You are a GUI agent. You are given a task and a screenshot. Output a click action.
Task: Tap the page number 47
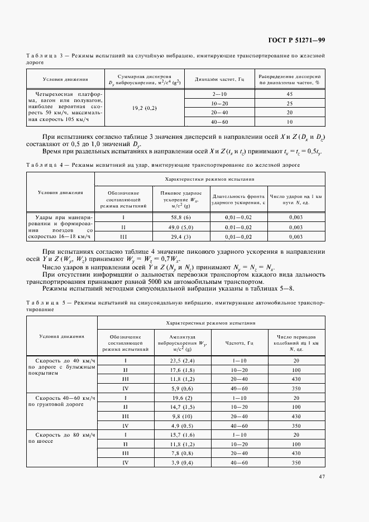pos(322,476)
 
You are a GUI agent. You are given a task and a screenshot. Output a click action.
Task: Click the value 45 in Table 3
pos(290,94)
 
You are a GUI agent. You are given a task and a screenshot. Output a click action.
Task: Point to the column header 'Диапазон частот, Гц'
pos(220,79)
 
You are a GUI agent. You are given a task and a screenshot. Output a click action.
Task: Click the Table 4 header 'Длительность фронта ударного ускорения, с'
pos(237,200)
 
